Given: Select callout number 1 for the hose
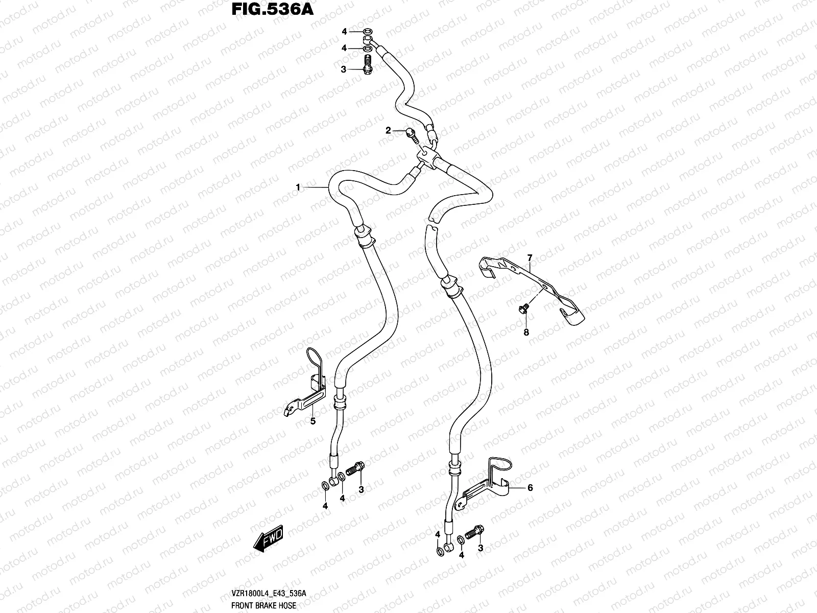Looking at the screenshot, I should pos(298,188).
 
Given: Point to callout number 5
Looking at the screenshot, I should pos(313,421).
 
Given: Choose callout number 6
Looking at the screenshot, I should pos(530,488).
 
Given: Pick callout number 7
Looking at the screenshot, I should pos(530,257).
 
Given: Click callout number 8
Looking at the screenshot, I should pos(526,332).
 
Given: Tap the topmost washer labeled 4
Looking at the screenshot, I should pos(367,32).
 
